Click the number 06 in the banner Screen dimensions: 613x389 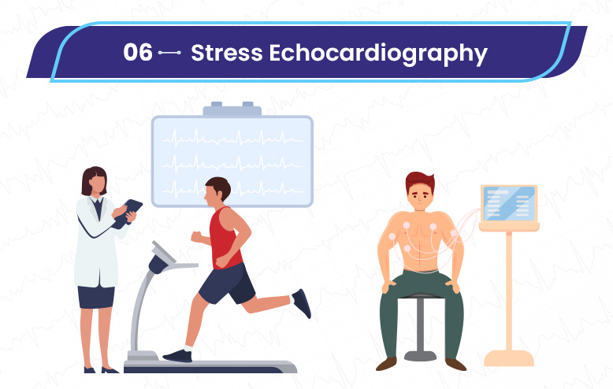138,52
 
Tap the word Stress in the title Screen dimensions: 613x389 227,52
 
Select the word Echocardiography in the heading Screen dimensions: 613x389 378,54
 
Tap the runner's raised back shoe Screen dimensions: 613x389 302,303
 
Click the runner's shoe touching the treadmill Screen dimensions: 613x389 178,355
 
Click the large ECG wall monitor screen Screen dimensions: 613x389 232,161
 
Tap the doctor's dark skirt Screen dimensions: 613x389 96,297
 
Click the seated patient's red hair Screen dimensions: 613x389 420,180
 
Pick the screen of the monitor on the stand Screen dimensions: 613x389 509,203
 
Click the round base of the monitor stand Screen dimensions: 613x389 509,358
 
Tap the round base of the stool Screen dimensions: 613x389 420,356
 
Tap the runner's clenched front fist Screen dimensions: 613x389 197,237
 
